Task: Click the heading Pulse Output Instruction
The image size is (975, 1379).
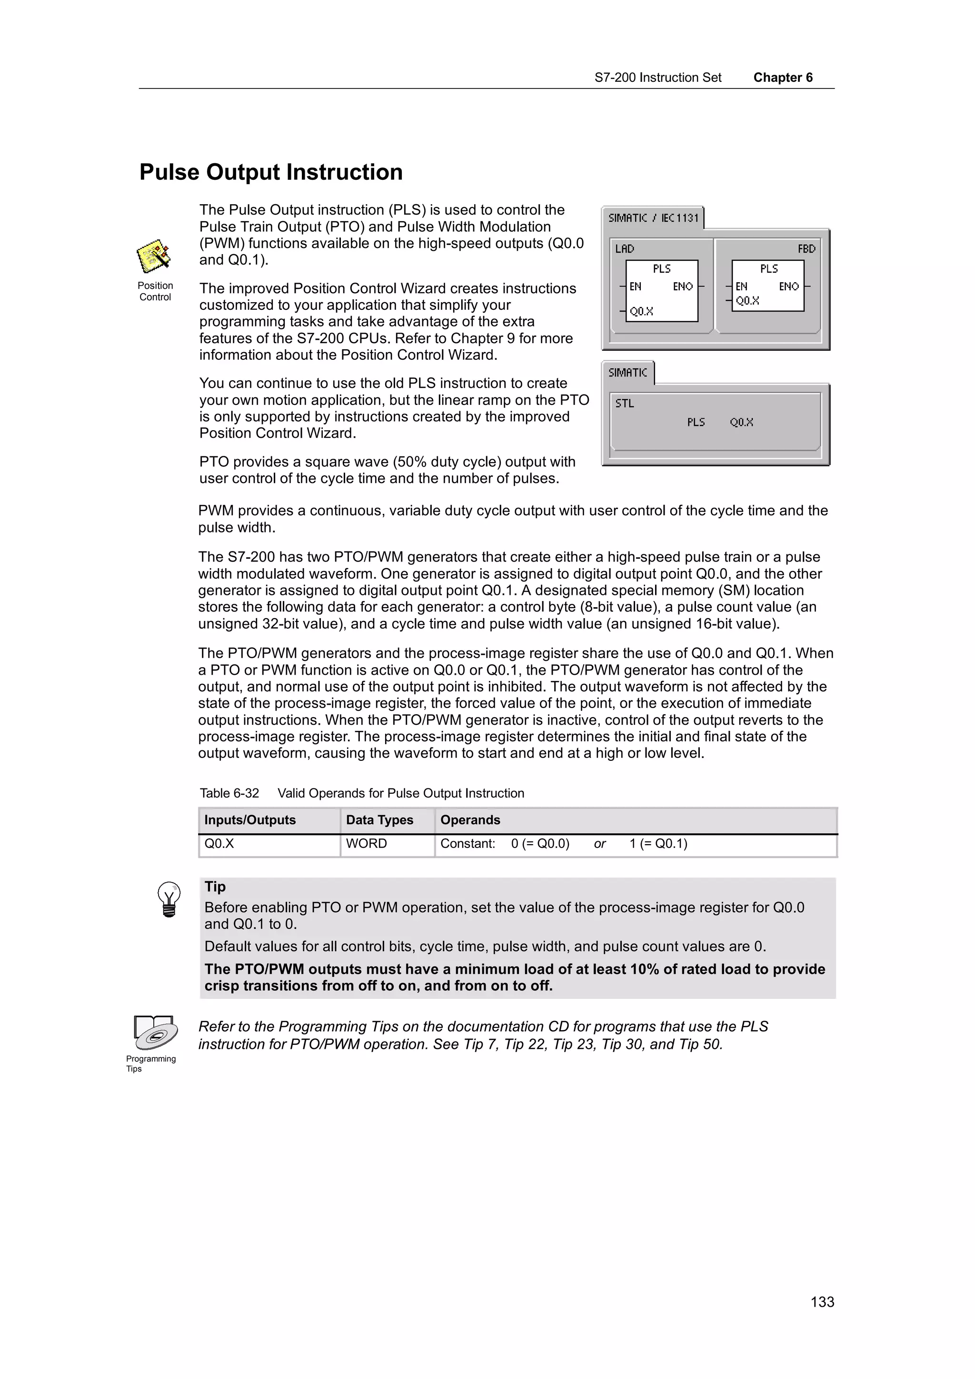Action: [270, 172]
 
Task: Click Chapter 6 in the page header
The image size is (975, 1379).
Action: [782, 78]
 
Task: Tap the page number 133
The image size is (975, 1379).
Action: [822, 1301]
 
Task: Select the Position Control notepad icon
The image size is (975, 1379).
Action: [154, 256]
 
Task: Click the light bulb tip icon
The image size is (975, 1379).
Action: [169, 899]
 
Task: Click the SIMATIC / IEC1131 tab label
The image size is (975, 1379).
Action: [653, 218]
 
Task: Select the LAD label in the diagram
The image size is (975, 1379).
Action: [624, 249]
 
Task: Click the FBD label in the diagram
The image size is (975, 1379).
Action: [806, 249]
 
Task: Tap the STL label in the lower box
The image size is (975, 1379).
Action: [624, 404]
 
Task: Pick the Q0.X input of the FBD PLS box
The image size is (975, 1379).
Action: [747, 301]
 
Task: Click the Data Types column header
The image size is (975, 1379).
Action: [379, 820]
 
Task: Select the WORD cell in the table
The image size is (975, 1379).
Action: [367, 843]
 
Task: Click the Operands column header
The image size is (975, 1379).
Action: [470, 820]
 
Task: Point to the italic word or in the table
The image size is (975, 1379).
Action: [599, 844]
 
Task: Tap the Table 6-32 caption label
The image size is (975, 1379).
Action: [229, 793]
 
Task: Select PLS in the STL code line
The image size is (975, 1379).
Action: [696, 422]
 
